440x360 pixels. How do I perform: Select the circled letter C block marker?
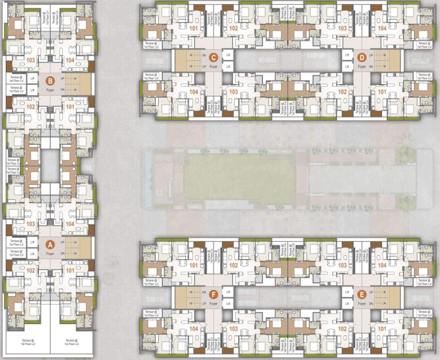pos(213,58)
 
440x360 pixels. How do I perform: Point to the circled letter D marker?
pos(361,58)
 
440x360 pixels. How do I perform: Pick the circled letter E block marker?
pos(361,294)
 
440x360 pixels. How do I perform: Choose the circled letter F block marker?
pos(213,294)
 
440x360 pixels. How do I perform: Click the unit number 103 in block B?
pos(31,60)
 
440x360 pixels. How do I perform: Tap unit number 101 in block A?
pos(70,270)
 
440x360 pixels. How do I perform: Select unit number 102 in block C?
pos(233,28)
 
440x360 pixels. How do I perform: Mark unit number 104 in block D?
pos(382,28)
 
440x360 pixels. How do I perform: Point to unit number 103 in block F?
pos(233,329)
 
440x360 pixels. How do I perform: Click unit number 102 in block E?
pos(342,329)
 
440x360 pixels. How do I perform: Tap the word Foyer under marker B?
pos(50,90)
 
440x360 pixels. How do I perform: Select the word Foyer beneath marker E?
pos(361,303)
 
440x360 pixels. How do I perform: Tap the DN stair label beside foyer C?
pos(204,55)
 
